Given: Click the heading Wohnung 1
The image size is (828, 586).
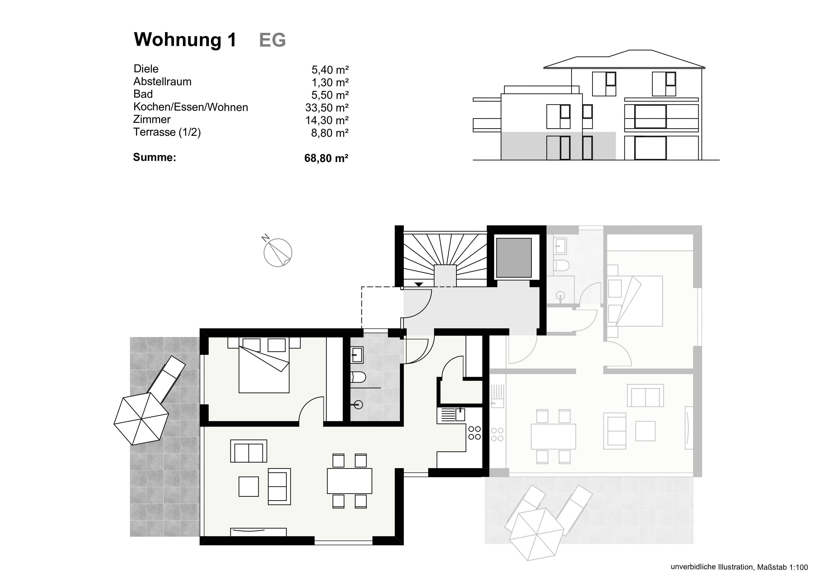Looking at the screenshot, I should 185,40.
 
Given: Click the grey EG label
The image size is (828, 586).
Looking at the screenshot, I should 272,40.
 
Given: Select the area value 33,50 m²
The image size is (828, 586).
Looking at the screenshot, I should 326,107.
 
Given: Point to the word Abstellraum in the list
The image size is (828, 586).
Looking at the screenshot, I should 162,81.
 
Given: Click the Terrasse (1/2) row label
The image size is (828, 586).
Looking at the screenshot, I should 167,132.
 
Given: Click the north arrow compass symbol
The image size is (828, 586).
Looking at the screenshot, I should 278,252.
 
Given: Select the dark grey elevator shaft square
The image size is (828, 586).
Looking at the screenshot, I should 514,257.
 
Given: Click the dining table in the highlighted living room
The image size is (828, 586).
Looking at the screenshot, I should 350,481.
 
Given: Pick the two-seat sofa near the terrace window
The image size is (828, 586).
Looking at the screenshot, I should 249,451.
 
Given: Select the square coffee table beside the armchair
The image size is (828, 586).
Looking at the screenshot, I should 249,486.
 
